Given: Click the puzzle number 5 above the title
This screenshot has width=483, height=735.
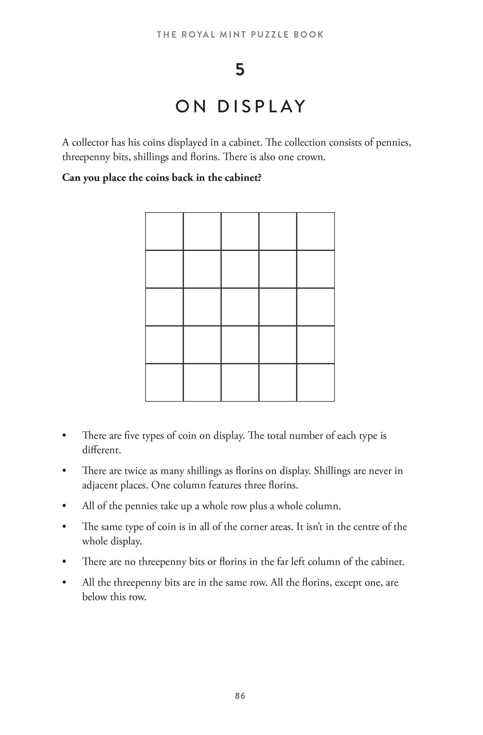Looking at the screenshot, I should point(240,70).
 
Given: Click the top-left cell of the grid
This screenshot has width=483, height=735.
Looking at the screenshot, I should point(164,231).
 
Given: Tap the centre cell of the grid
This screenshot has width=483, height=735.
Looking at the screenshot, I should point(240,307).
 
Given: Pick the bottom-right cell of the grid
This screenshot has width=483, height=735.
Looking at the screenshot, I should point(316,382).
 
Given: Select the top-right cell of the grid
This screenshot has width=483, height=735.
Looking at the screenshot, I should point(316,231).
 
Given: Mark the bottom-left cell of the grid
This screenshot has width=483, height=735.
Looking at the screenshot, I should point(164,382).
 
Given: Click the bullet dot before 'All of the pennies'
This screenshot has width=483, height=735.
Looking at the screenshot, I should point(64,506).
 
